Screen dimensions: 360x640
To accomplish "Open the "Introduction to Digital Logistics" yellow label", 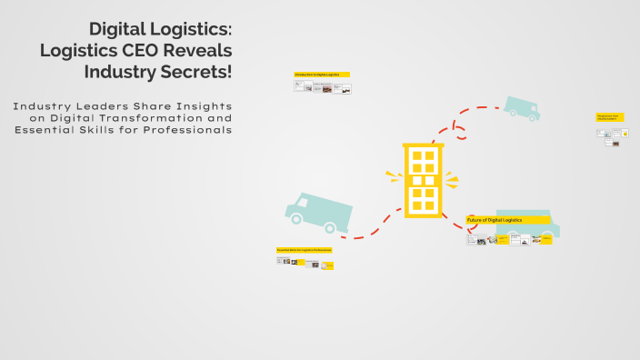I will coord(322,75).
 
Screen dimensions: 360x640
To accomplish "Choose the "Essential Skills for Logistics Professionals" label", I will coord(305,249).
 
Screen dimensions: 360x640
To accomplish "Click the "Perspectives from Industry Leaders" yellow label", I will coord(610,117).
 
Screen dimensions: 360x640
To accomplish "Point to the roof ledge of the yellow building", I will coord(423,145).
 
